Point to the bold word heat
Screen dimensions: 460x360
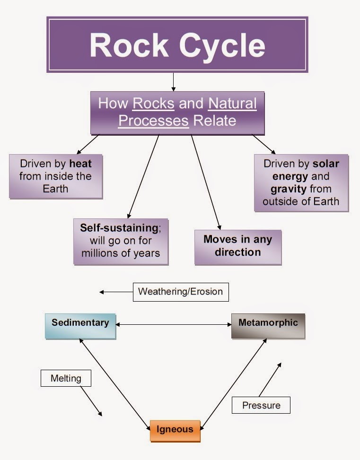80,164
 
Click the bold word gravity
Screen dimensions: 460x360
288,189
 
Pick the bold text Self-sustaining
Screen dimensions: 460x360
119,227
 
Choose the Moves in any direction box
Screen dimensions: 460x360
238,246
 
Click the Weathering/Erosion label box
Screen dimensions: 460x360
180,292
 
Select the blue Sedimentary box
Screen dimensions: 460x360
80,325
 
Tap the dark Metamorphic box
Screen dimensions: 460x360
268,325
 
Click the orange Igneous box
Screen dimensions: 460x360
175,430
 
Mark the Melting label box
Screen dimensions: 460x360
66,379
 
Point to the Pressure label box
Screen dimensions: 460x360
261,405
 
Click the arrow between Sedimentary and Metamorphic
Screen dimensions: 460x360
174,325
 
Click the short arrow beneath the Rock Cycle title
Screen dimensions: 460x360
174,81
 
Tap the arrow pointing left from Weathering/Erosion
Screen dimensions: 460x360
116,292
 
